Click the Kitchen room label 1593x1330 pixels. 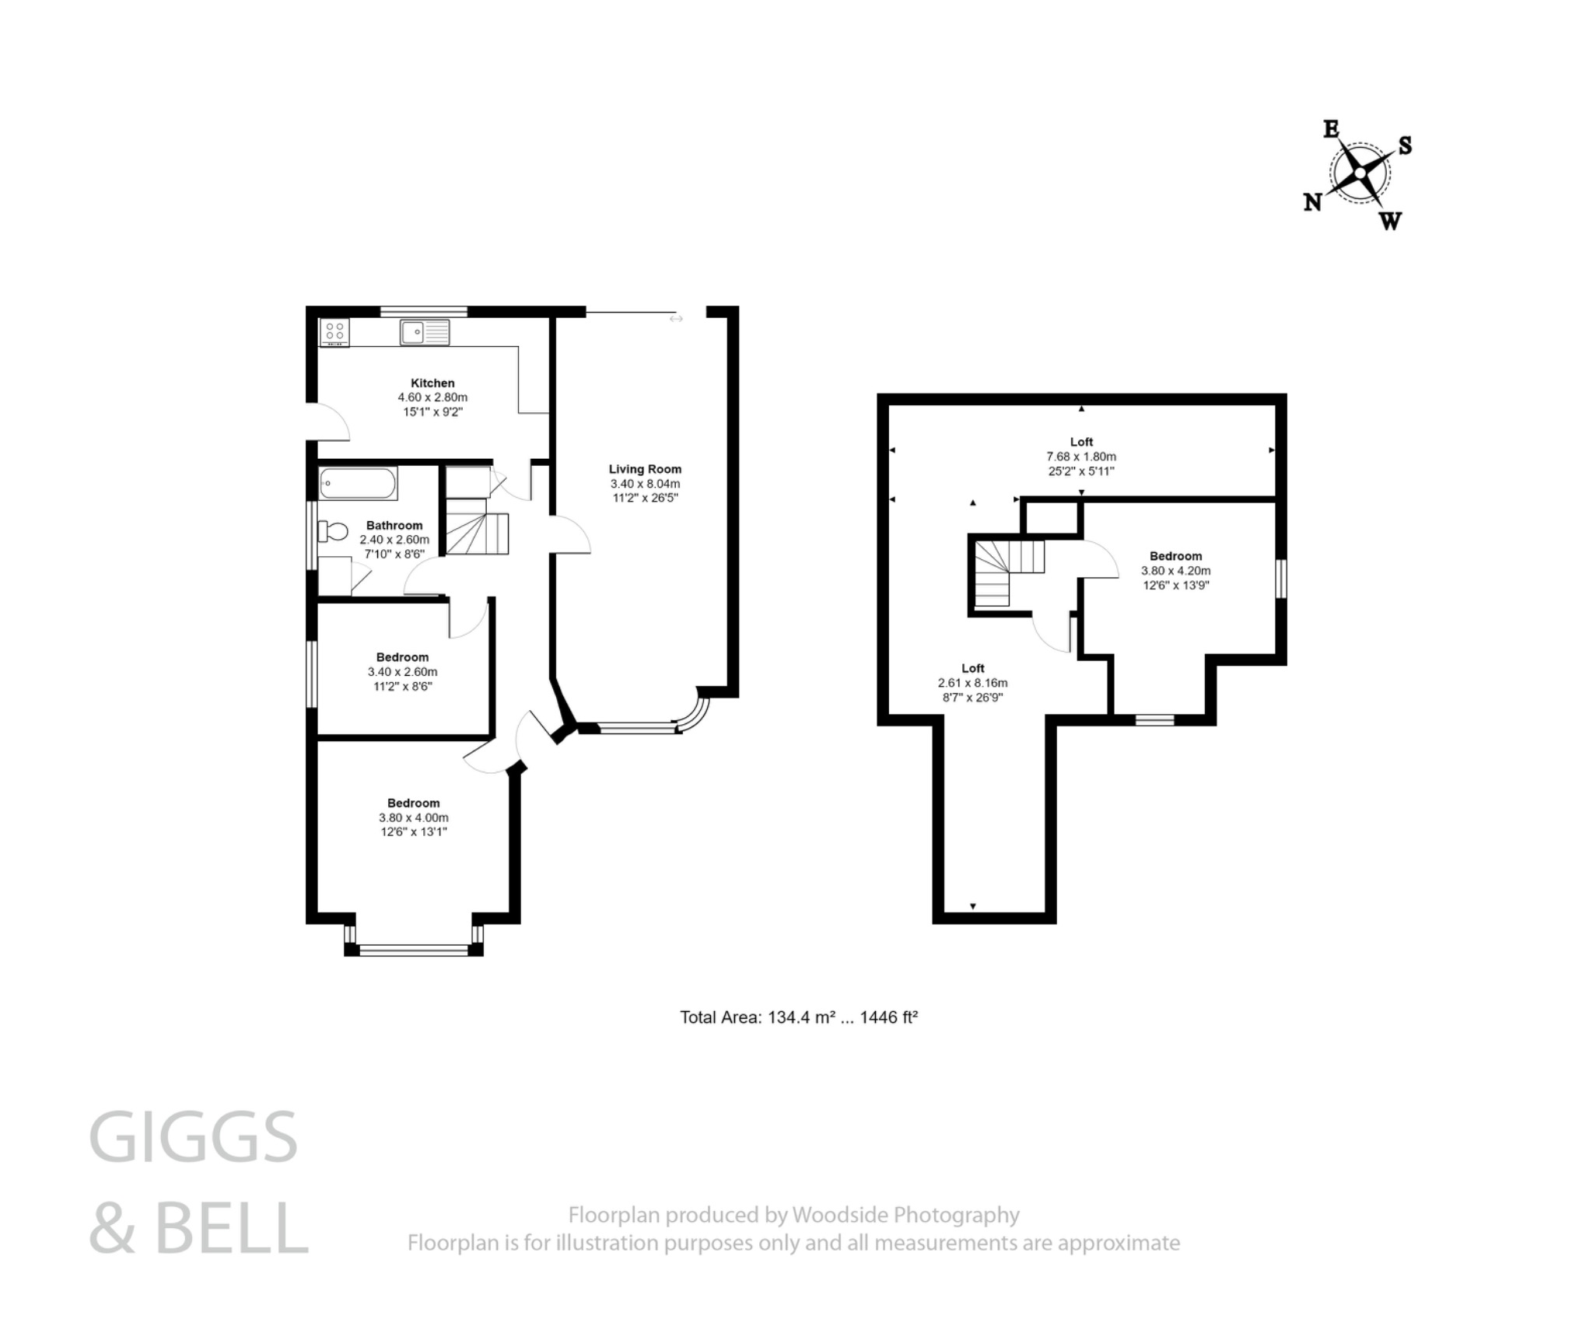point(432,383)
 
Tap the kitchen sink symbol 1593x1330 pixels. point(425,332)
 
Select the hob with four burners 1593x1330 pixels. point(334,332)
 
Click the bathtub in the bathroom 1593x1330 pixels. point(357,483)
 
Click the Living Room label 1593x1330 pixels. point(645,469)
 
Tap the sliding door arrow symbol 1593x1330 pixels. point(676,318)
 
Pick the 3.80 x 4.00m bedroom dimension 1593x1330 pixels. point(413,817)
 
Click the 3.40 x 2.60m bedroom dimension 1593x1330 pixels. point(402,671)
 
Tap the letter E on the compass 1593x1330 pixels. point(1331,129)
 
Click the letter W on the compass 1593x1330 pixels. point(1390,222)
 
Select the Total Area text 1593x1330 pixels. point(799,1017)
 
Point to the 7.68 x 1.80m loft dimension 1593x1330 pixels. point(1080,457)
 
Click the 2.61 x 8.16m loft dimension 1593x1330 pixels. point(972,683)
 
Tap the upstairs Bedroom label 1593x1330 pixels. point(1175,556)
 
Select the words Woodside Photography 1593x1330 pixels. point(905,1215)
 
